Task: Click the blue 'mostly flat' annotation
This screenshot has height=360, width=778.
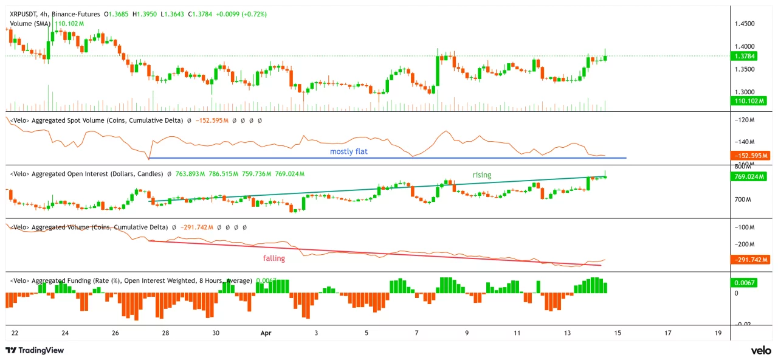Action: pos(348,151)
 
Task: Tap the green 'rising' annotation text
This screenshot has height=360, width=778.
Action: pos(482,175)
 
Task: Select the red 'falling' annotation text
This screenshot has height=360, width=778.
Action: pos(274,258)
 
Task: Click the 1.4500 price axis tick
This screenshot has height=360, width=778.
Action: pos(745,24)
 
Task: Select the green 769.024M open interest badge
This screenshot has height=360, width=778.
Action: pos(749,177)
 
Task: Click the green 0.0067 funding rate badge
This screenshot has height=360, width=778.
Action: pos(745,283)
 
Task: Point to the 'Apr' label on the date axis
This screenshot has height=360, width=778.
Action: pos(266,333)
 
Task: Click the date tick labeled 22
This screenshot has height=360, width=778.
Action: pos(15,333)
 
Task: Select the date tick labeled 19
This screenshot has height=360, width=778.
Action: pos(718,333)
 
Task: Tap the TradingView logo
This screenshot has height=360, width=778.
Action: pos(35,350)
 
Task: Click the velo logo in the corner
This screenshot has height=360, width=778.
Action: pos(760,350)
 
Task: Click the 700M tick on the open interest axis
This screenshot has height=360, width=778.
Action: pos(743,199)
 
